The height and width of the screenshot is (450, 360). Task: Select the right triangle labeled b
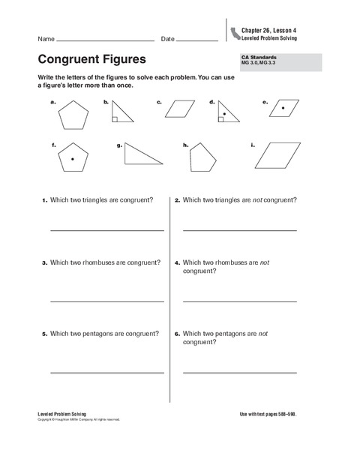pyautogui.click(x=121, y=113)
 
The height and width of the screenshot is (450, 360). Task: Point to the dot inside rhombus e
pyautogui.click(x=283, y=109)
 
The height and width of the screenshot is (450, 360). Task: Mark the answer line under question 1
pyautogui.click(x=106, y=230)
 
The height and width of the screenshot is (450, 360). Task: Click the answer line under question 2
pyautogui.click(x=239, y=230)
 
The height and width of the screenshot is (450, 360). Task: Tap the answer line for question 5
pyautogui.click(x=106, y=372)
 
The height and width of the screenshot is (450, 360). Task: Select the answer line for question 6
pyautogui.click(x=239, y=372)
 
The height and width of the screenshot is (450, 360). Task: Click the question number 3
pyautogui.click(x=44, y=263)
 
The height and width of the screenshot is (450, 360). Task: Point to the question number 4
pyautogui.click(x=177, y=263)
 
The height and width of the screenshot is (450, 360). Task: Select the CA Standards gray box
pyautogui.click(x=278, y=62)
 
